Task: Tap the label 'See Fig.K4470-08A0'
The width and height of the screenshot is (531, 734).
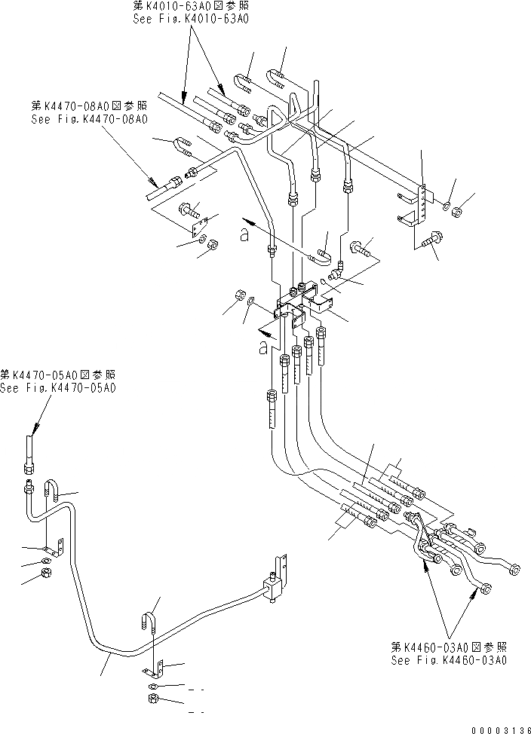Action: pos(89,118)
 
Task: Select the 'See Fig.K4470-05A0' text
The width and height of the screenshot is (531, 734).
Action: pos(58,387)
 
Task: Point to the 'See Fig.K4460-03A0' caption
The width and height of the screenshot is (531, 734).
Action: pos(448,659)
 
